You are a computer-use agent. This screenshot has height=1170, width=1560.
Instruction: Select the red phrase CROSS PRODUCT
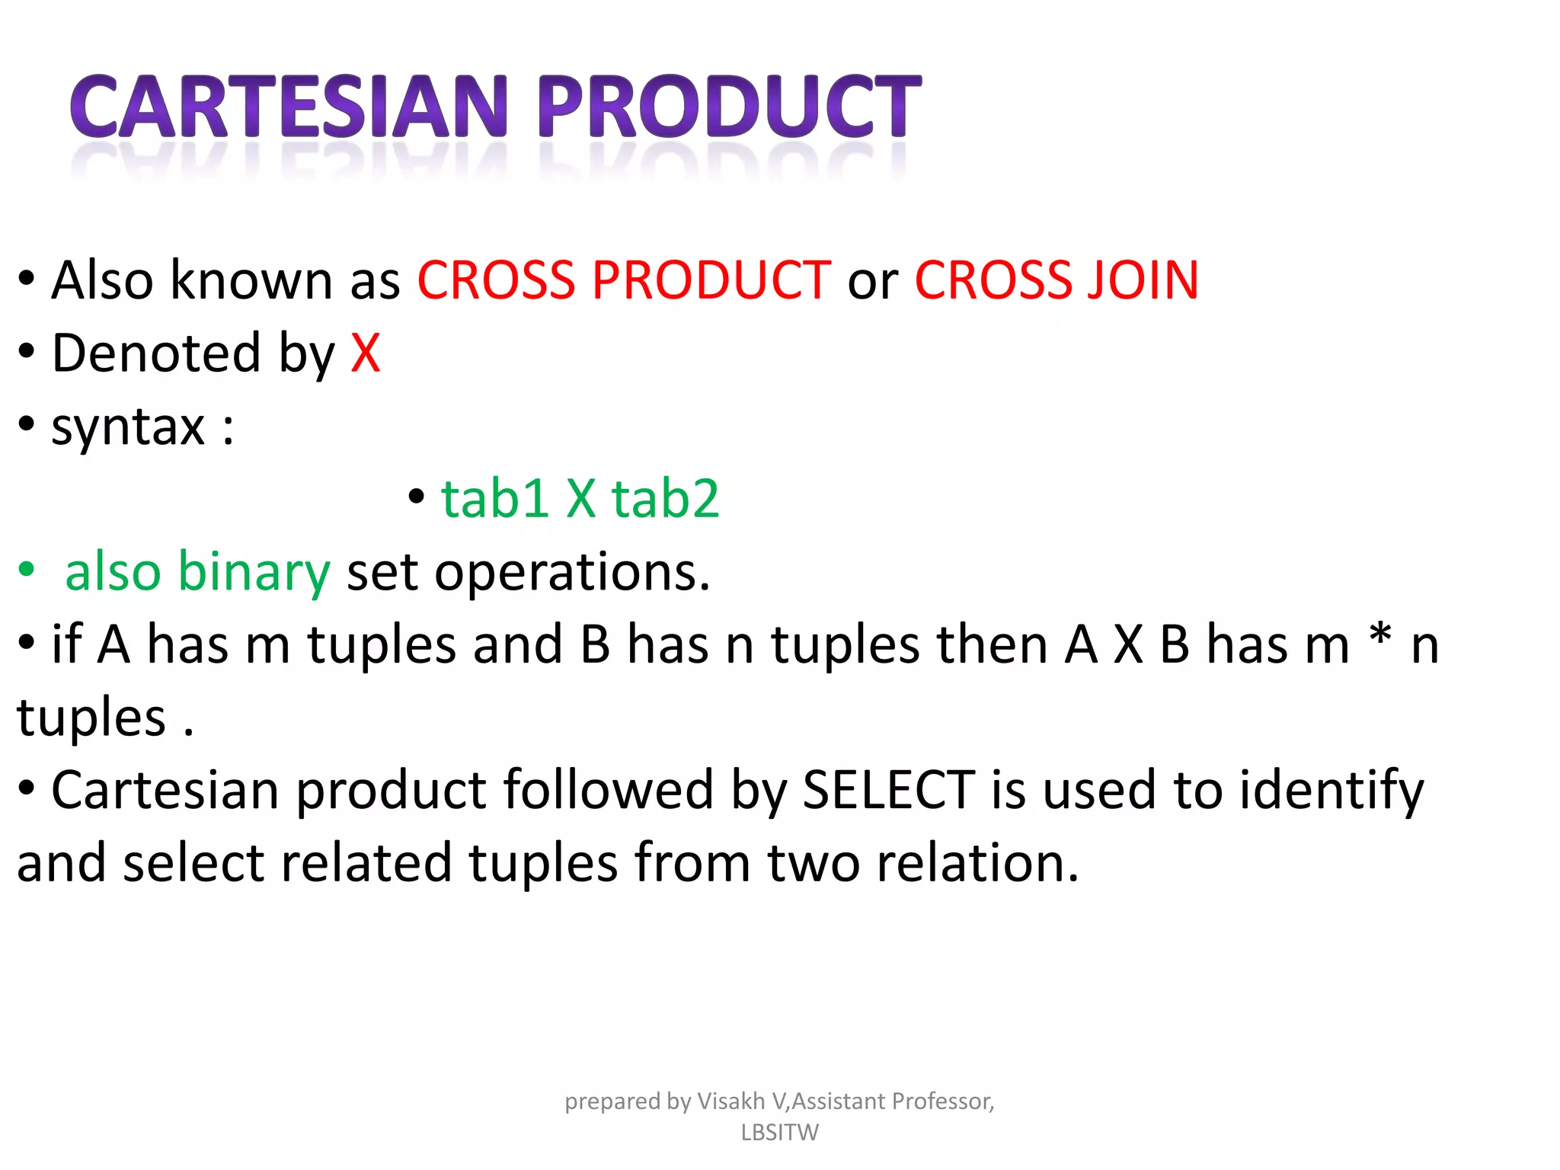623,280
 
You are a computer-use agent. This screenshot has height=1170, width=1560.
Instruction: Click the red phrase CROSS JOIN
1056,280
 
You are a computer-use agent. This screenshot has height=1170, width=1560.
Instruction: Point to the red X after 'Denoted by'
365,353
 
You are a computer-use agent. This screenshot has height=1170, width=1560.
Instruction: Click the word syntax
128,427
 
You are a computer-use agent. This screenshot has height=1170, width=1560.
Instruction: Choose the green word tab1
494,500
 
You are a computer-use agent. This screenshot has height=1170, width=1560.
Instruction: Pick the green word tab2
665,500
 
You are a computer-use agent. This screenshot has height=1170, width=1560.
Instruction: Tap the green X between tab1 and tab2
580,500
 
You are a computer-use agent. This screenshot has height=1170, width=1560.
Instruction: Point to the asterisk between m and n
1379,636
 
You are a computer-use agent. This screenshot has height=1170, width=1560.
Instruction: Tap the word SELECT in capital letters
888,791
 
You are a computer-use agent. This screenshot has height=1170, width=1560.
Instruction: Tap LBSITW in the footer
779,1133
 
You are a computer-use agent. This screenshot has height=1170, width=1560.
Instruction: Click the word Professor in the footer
942,1101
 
